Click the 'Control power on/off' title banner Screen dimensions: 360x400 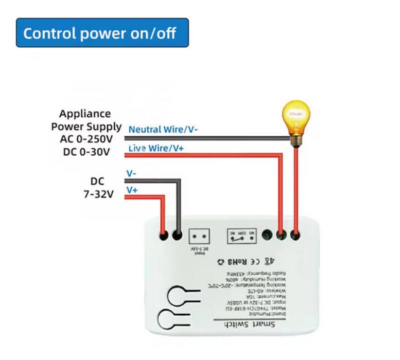click(x=102, y=33)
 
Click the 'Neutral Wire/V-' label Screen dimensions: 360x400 click(x=163, y=130)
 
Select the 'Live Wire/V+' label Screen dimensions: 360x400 click(x=156, y=149)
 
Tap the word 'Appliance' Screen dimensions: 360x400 click(x=85, y=114)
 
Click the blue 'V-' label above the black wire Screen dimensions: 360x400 click(x=131, y=174)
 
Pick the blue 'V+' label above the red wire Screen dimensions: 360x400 click(x=132, y=190)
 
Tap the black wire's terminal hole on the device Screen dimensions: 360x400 click(x=178, y=236)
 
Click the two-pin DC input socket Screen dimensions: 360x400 click(x=201, y=236)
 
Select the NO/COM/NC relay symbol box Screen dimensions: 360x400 click(x=240, y=237)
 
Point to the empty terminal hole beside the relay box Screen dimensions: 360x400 click(x=267, y=236)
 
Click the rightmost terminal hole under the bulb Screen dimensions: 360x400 click(x=295, y=236)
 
